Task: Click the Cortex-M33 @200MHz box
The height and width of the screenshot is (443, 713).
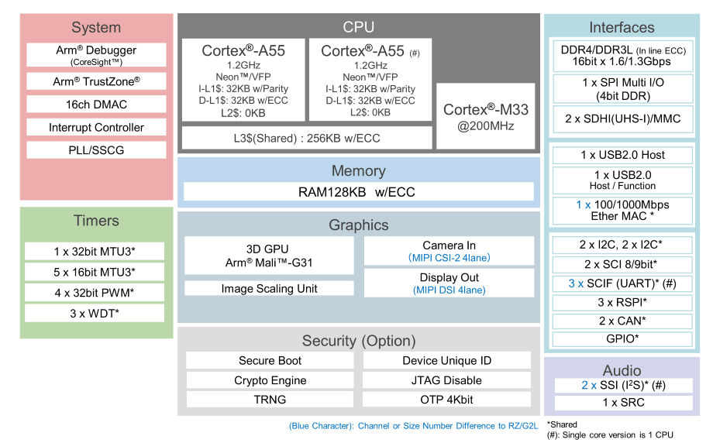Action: tap(485, 116)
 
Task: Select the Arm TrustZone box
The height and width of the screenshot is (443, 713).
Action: tap(97, 81)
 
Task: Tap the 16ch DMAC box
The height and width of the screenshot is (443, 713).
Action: tap(97, 105)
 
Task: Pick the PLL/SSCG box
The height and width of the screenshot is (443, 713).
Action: tap(97, 149)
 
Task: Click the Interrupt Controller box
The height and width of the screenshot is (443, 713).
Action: tap(97, 127)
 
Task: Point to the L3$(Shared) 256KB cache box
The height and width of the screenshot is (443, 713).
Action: tap(307, 138)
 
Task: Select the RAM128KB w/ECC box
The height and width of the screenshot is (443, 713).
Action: tap(358, 191)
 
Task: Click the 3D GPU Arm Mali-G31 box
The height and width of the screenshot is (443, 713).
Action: tap(267, 256)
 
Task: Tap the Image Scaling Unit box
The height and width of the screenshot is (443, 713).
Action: tap(267, 289)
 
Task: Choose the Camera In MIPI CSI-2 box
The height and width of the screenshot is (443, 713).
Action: tap(449, 251)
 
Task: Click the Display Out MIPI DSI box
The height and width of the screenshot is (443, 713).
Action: tap(449, 283)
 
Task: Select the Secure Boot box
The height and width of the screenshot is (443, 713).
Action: tap(270, 360)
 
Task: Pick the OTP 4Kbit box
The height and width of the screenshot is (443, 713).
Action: tap(446, 400)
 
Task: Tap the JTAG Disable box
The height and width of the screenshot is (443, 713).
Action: tap(446, 380)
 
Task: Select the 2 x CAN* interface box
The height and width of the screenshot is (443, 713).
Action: tap(622, 321)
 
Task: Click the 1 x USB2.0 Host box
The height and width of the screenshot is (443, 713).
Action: tap(622, 155)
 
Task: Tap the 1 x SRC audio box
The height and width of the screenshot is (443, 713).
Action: tap(622, 403)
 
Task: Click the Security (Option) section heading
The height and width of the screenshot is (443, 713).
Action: tap(358, 341)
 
